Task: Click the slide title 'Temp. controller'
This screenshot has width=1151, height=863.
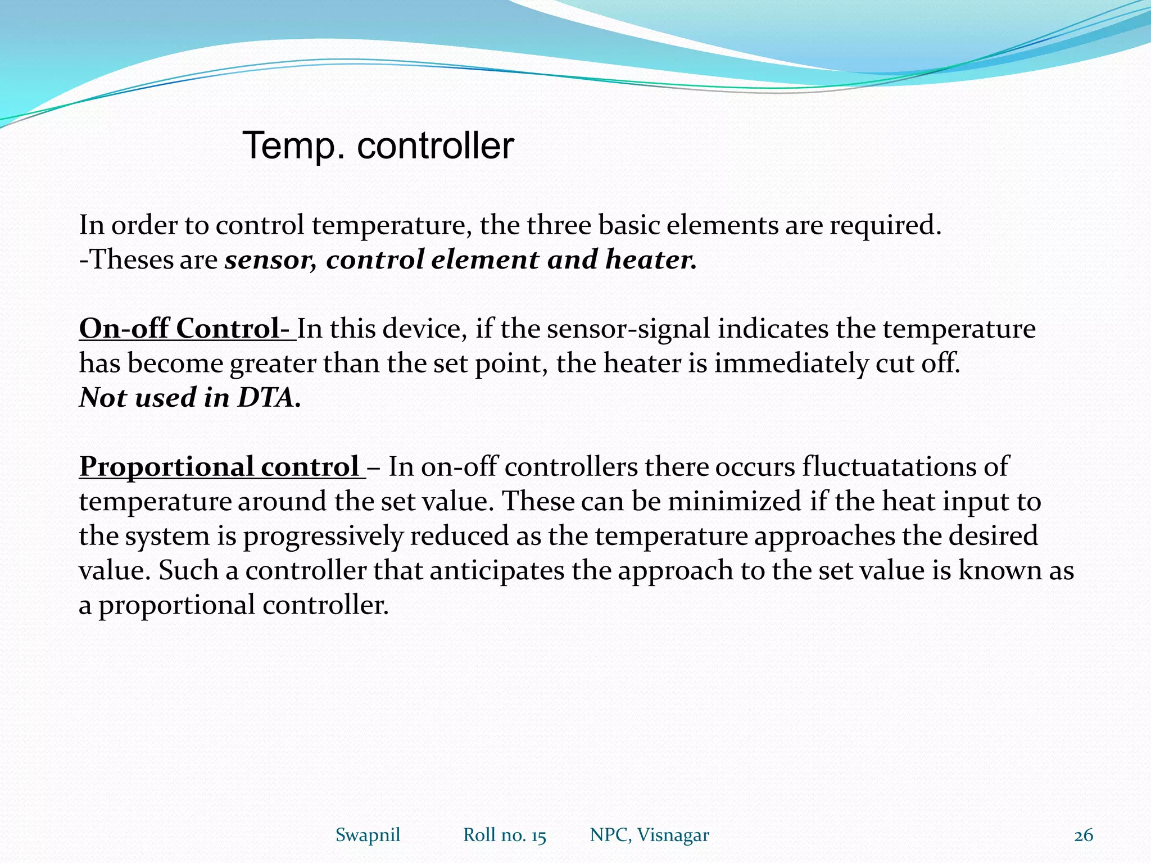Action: pyautogui.click(x=378, y=146)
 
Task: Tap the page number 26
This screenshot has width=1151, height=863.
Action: pyautogui.click(x=1083, y=835)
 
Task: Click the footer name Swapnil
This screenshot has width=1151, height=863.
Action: pyautogui.click(x=368, y=835)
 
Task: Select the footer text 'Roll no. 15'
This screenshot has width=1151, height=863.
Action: pyautogui.click(x=504, y=835)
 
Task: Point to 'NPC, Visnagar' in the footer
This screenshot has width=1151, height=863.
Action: pyautogui.click(x=649, y=835)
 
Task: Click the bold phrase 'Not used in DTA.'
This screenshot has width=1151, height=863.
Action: pyautogui.click(x=190, y=398)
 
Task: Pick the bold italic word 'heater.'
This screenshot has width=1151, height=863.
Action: pyautogui.click(x=651, y=260)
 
